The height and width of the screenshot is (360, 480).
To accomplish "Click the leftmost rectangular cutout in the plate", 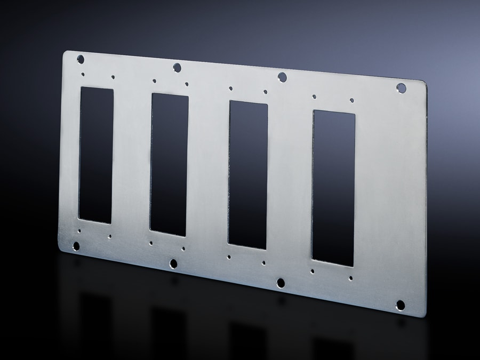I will [96, 155].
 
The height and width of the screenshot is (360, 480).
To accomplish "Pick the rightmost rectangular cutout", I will [333, 188].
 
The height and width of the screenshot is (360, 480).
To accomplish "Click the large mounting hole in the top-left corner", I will [81, 59].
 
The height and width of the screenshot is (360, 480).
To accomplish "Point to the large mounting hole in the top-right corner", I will [401, 88].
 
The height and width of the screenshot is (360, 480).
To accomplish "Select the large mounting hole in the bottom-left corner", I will [76, 246].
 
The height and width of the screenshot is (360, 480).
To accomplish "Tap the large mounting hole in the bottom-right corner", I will [400, 305].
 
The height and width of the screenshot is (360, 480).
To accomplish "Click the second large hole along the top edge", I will [178, 67].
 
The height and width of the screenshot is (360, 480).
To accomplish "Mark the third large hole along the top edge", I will [282, 77].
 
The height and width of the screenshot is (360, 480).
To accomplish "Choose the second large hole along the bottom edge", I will [173, 263].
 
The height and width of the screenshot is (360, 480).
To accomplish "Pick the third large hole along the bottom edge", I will [281, 283].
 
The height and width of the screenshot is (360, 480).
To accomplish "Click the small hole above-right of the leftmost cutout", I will [113, 77].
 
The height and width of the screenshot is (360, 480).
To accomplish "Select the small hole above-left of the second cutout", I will [154, 81].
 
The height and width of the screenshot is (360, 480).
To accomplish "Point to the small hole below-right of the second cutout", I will [183, 249].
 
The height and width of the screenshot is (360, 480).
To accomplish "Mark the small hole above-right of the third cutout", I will [265, 92].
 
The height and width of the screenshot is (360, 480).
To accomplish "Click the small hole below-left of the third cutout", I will [229, 257].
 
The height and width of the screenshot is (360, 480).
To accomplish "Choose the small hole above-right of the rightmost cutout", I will [351, 100].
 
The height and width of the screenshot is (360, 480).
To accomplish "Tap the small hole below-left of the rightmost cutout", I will [313, 271].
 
